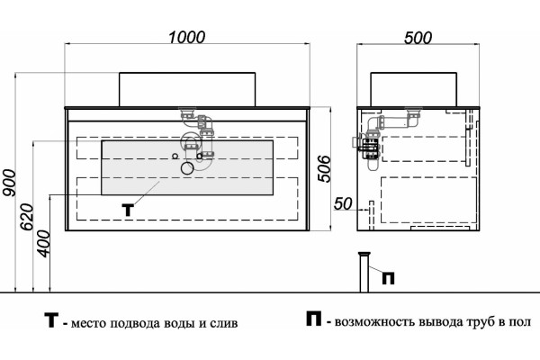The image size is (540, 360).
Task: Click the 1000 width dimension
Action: click(187, 37)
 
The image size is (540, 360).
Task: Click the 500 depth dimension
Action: click(418, 38)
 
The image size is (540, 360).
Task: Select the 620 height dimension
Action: click(26, 217)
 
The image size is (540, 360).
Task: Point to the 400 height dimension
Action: click(44, 244)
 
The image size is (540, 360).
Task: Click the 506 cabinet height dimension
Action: click(324, 168)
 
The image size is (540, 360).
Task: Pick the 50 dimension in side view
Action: click(343, 204)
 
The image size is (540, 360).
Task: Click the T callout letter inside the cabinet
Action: click(128, 210)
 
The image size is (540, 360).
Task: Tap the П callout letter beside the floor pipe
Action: click(388, 278)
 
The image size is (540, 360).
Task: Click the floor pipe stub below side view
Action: click(364, 272)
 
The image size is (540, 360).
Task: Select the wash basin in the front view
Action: click(187, 90)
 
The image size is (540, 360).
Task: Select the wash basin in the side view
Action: click(414, 90)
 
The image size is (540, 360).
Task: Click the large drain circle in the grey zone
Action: click(187, 167)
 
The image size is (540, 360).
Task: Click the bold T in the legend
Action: click(51, 320)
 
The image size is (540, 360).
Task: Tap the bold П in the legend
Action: click(314, 319)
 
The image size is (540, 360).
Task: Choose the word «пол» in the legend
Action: click(520, 322)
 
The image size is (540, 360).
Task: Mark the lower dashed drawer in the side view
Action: click(428, 200)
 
